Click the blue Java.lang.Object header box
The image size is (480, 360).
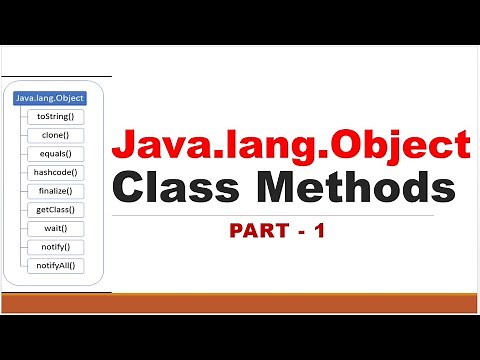49,98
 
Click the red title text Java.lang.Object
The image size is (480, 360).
290,147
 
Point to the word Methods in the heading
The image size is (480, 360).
357,189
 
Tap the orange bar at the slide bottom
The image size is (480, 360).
240,304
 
